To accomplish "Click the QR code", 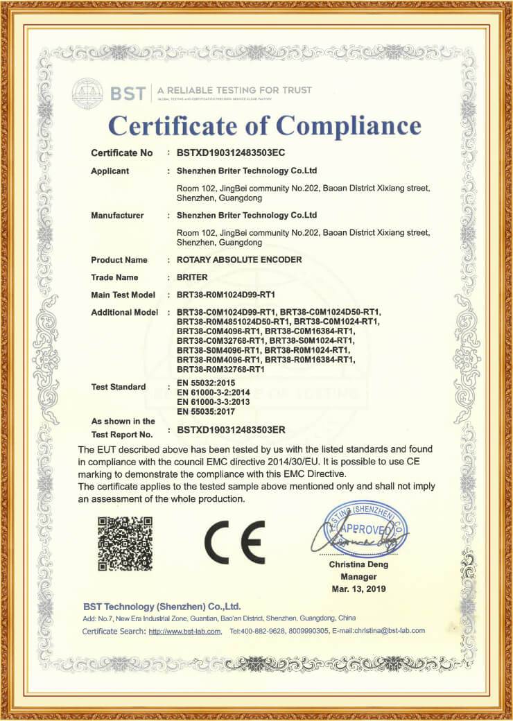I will pos(124,544).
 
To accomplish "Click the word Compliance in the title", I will pos(349,125).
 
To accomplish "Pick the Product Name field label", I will pos(119,260).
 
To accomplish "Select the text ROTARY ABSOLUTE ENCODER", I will pos(239,260).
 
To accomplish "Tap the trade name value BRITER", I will pos(192,277).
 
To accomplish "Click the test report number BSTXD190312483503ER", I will pos(231,430).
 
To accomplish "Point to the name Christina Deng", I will pos(358,564).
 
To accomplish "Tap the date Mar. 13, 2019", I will pos(358,589).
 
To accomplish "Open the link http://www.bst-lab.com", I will pos(185,631).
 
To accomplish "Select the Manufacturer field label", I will pos(117,216).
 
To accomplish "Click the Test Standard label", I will pos(118,387).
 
